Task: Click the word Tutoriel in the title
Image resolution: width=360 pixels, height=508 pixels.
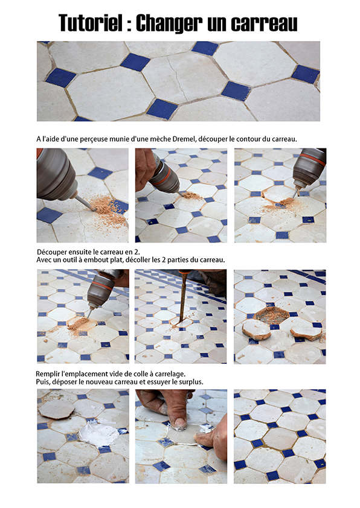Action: coord(91,23)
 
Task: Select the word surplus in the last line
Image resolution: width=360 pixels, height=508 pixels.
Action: coord(191,382)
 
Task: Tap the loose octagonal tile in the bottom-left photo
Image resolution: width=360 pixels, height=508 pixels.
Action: coord(56,409)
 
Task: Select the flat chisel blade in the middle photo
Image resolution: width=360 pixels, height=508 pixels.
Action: coord(183,299)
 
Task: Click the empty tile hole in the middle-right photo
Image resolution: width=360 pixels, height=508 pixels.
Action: coord(271,314)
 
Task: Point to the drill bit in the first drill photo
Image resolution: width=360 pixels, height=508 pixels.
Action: coord(86,203)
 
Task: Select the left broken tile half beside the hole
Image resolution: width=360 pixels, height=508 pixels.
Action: coord(256,329)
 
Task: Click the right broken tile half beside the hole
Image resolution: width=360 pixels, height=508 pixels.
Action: coord(306,333)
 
